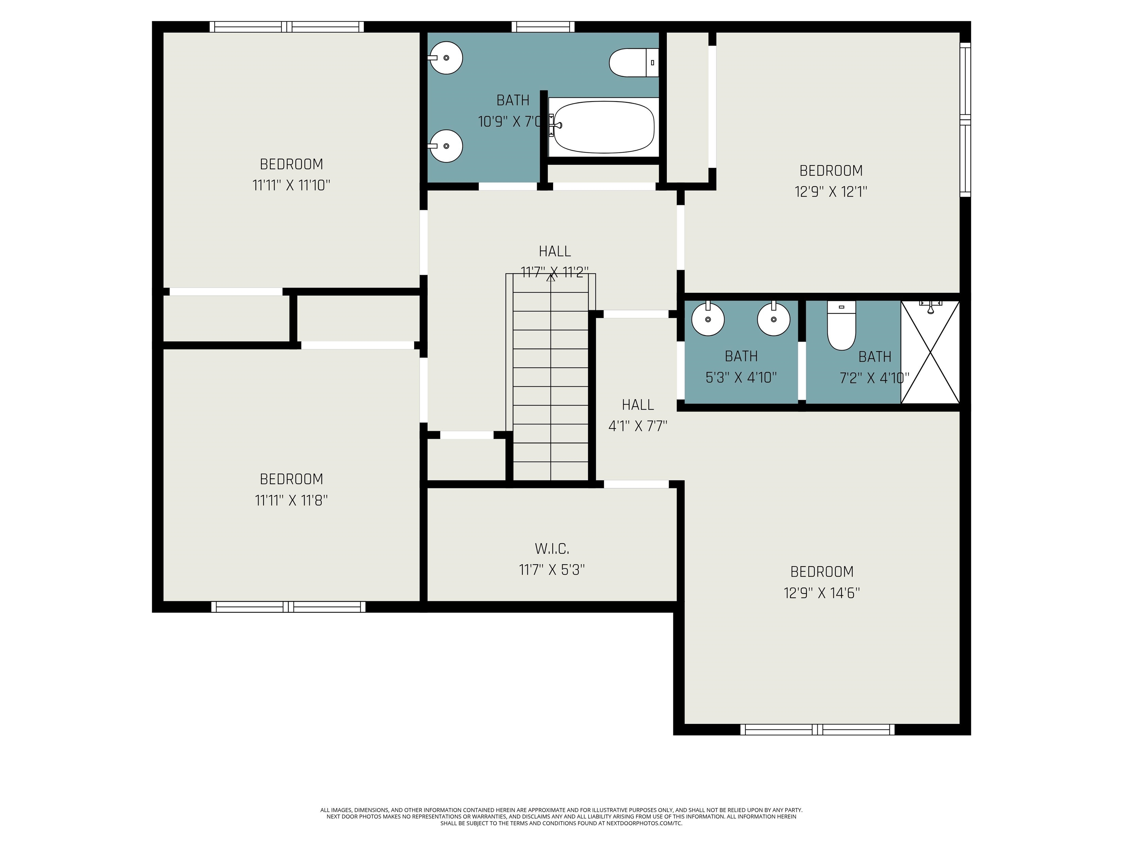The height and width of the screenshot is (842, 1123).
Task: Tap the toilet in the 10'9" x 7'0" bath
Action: (632, 62)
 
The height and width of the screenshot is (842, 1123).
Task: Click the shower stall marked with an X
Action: (930, 352)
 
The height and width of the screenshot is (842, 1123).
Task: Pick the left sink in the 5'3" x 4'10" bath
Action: (708, 319)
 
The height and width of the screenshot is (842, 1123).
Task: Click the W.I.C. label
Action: (552, 549)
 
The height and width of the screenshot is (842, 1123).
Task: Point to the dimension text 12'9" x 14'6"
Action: (821, 593)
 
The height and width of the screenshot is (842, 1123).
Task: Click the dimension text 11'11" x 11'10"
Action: (291, 185)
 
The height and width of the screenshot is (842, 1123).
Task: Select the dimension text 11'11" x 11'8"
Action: (291, 500)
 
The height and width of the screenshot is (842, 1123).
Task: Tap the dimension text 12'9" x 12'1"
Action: (831, 192)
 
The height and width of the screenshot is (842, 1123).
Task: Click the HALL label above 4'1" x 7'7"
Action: (638, 405)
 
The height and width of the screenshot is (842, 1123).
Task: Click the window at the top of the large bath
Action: (543, 26)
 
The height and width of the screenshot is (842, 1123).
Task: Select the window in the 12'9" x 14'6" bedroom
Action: (817, 730)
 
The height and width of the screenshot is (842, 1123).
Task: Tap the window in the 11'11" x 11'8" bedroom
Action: (288, 607)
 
